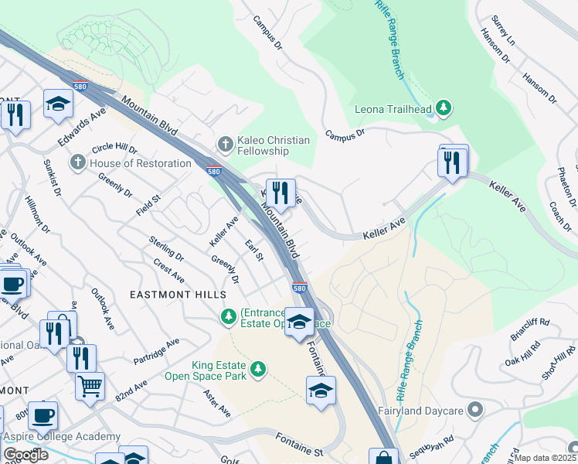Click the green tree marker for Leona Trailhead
tap(444, 109)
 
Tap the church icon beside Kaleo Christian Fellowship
tap(225, 144)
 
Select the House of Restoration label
tap(140, 163)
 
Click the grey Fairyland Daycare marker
tap(475, 409)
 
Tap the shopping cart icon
tap(90, 384)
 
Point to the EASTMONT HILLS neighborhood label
tap(178, 295)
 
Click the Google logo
tap(25, 455)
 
